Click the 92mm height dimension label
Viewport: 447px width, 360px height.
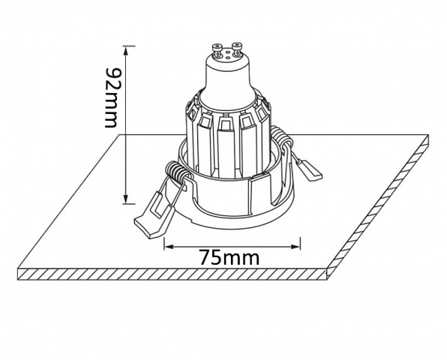[111, 97]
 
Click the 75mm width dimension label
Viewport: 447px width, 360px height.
[229, 258]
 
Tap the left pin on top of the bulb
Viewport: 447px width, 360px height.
[217, 49]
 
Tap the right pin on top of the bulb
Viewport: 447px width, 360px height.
[237, 48]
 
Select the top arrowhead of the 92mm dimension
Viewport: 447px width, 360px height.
[126, 51]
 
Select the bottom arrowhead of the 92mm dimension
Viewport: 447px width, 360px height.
[126, 199]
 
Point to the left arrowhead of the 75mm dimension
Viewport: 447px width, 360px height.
[169, 247]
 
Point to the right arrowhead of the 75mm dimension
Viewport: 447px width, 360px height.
[295, 247]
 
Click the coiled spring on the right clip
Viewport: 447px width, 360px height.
[280, 138]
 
